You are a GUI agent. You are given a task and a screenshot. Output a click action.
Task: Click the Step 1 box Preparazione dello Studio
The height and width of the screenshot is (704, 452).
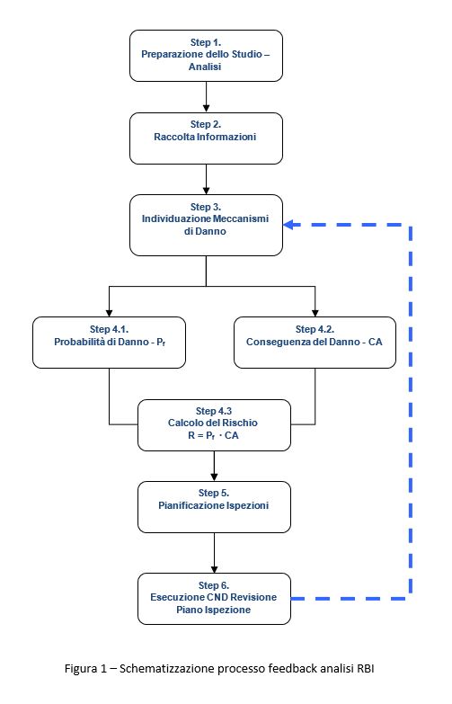(x=206, y=56)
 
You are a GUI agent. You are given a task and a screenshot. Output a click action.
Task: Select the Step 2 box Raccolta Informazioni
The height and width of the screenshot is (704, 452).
(x=206, y=138)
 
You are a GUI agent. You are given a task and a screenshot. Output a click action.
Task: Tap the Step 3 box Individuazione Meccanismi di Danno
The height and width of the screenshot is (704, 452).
(x=206, y=226)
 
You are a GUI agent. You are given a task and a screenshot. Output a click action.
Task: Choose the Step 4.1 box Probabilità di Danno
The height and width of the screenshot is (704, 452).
(x=109, y=343)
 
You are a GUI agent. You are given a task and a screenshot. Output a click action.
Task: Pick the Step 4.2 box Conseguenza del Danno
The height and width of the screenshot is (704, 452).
(x=315, y=343)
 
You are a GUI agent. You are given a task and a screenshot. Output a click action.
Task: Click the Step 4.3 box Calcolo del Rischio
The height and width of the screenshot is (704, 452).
(x=214, y=425)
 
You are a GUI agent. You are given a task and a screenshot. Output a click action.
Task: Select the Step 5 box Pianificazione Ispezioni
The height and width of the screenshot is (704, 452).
(x=214, y=507)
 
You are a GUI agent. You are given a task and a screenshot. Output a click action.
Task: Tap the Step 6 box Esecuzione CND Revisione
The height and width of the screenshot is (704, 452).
(x=214, y=599)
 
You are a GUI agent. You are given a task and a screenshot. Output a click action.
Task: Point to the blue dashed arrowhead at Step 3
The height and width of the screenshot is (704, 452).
(x=288, y=225)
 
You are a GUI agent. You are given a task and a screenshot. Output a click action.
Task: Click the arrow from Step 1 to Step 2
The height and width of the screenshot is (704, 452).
(x=206, y=97)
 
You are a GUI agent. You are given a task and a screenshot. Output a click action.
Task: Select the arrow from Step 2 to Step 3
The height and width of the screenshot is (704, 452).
(x=206, y=179)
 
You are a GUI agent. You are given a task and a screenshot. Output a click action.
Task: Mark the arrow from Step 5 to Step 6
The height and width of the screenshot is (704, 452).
(x=214, y=553)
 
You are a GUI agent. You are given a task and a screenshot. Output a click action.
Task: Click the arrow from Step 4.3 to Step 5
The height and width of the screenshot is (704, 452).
(x=214, y=466)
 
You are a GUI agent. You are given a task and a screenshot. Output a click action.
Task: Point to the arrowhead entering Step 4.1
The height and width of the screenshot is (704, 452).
(x=109, y=313)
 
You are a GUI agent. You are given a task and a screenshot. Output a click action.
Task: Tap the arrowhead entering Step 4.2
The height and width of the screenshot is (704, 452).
(x=315, y=313)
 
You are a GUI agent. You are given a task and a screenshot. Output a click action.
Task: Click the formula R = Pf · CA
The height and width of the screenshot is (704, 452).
(x=213, y=435)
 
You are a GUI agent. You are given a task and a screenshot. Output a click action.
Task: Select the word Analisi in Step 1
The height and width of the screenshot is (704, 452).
(x=205, y=67)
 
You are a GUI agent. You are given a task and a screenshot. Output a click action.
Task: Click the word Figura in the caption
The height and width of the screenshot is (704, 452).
(x=81, y=669)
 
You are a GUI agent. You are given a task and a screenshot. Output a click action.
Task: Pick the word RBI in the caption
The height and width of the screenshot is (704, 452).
(x=366, y=668)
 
